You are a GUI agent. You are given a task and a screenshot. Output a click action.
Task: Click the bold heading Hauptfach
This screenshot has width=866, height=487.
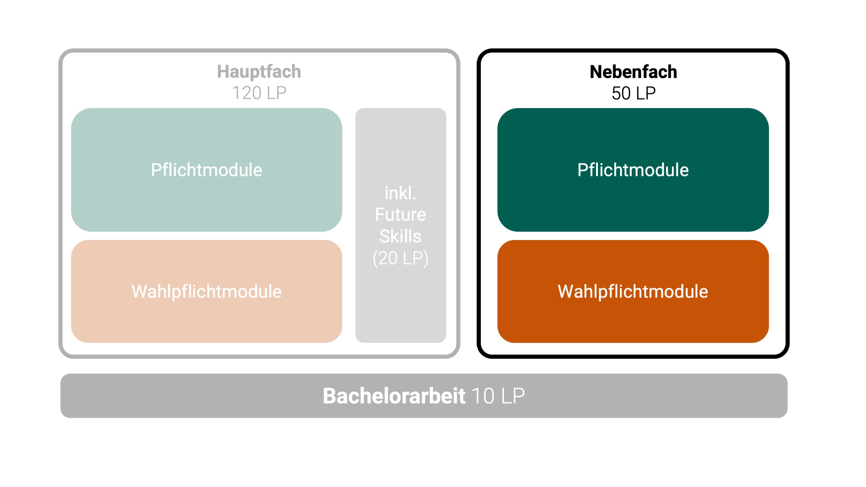[259, 72]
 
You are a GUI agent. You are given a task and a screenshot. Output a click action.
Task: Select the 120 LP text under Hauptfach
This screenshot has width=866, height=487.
[259, 93]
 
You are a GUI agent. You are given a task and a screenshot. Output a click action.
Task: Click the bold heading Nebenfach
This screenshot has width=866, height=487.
[633, 72]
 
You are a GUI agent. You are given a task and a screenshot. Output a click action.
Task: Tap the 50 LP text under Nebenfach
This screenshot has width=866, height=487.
[634, 93]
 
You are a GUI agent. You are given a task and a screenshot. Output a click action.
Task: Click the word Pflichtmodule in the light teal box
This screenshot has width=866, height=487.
[206, 170]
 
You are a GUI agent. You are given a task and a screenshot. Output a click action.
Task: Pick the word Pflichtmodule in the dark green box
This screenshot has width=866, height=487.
[633, 170]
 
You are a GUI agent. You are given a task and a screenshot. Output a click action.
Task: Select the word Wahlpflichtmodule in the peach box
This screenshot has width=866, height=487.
[206, 291]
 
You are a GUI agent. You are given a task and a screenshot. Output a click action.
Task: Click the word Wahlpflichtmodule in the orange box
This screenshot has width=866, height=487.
[633, 291]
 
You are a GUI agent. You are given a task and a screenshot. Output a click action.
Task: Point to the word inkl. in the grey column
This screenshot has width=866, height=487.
[400, 193]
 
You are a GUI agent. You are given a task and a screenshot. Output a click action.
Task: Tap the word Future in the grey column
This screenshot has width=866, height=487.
[400, 214]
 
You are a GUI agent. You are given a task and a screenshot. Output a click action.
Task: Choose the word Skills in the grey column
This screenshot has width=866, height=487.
[400, 236]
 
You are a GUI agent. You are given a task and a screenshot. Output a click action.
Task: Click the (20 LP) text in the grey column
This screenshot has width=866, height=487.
[400, 258]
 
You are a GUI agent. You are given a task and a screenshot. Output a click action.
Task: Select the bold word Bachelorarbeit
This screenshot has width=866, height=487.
[394, 396]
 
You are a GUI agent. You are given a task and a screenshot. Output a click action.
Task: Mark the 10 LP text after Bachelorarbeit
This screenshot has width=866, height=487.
[498, 396]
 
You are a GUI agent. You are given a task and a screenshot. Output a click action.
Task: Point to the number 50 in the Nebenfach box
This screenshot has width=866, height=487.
[621, 93]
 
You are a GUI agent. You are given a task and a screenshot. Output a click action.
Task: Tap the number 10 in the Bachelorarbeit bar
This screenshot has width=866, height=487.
[483, 396]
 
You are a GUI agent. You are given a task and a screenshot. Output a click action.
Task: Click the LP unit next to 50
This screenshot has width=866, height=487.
[646, 93]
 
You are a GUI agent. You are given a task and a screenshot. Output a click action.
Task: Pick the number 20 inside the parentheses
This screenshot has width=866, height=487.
[388, 258]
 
